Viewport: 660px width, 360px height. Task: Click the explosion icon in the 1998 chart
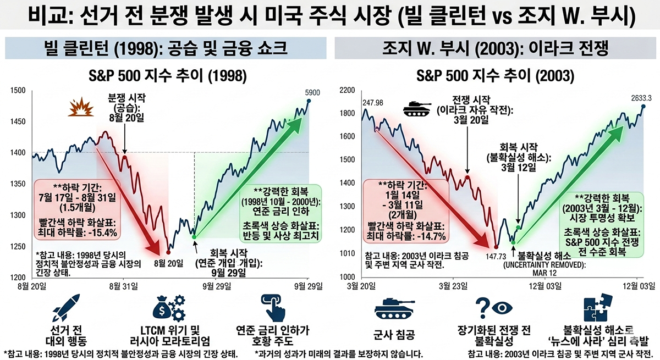78,106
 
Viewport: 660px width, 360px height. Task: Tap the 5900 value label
304,92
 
